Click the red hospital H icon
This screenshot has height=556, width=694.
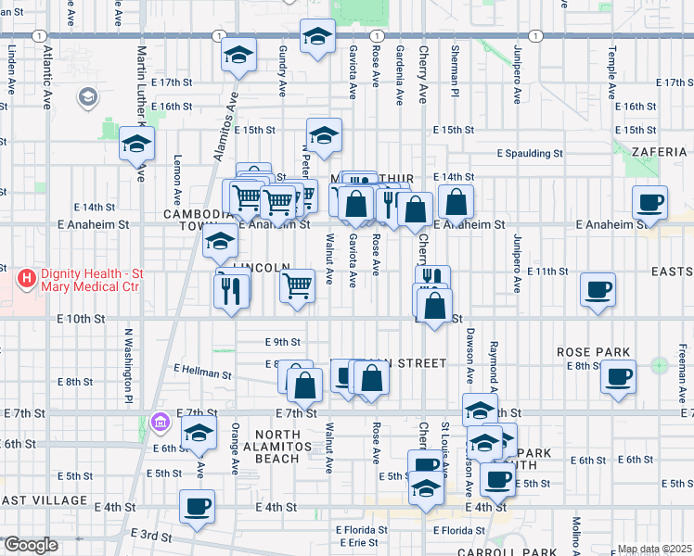[x=27, y=276]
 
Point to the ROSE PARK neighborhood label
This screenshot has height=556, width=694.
[x=594, y=352]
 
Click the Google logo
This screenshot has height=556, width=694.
[x=31, y=545]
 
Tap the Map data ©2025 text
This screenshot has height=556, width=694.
[x=653, y=549]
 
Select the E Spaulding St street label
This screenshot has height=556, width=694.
[x=530, y=153]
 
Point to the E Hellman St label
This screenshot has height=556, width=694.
[x=202, y=374]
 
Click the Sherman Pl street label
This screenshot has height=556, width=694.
[x=456, y=62]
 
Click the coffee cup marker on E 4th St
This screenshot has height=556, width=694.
[x=196, y=508]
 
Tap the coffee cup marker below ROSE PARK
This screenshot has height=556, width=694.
[x=618, y=377]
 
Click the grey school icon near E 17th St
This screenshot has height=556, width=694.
[x=88, y=96]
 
